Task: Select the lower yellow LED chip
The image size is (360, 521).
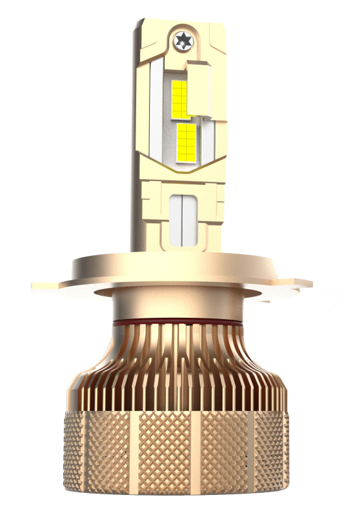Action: (186, 143)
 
